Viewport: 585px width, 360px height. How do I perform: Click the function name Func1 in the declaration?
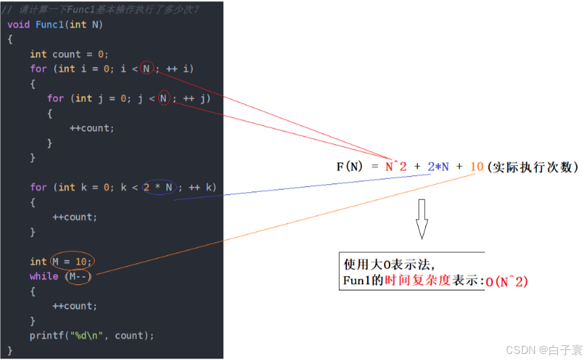click(49, 24)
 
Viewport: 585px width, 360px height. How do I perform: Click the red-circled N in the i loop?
click(147, 68)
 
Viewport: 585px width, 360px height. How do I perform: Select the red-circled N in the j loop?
click(164, 98)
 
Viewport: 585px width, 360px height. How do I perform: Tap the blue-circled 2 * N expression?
click(158, 187)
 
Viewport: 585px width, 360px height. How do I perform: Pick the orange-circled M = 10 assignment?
click(71, 261)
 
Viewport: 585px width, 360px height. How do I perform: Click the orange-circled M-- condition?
click(78, 276)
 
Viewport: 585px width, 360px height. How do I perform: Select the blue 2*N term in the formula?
click(438, 166)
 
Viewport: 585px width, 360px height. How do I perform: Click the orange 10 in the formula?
click(476, 166)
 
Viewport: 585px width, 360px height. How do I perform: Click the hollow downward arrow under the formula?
click(421, 219)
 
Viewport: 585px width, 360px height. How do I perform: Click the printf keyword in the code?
click(45, 336)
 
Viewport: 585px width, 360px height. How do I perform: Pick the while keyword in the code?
click(44, 276)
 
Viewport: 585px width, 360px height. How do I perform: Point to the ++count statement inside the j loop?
click(92, 128)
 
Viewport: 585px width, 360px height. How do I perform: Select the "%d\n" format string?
click(85, 336)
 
